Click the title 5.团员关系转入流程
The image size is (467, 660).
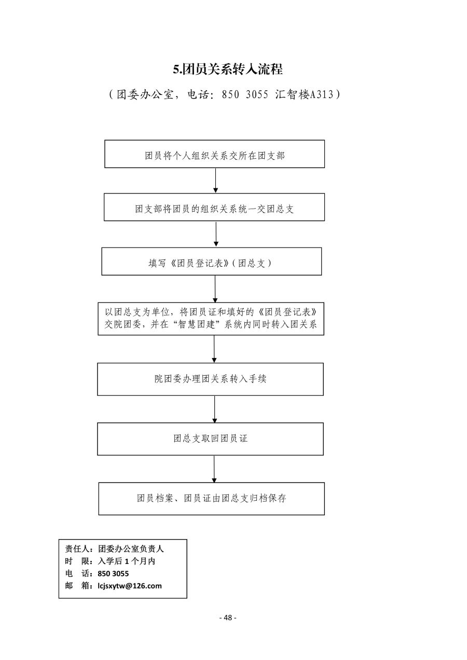pos(228,70)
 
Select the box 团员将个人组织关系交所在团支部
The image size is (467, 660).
pos(214,154)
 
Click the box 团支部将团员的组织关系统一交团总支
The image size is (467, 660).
pos(214,207)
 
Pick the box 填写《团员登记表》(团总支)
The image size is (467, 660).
pos(212,262)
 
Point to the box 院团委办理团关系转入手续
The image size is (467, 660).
pos(210,379)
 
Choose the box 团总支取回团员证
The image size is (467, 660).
pos(210,439)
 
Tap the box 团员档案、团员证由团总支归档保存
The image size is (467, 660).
pos(212,499)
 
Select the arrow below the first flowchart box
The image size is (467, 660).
pos(216,181)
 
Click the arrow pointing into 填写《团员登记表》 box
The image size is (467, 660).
pos(216,234)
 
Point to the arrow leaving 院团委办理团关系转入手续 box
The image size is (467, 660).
pos(214,409)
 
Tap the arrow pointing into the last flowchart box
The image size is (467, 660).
pos(214,469)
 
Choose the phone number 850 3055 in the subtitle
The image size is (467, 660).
pos(245,94)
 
